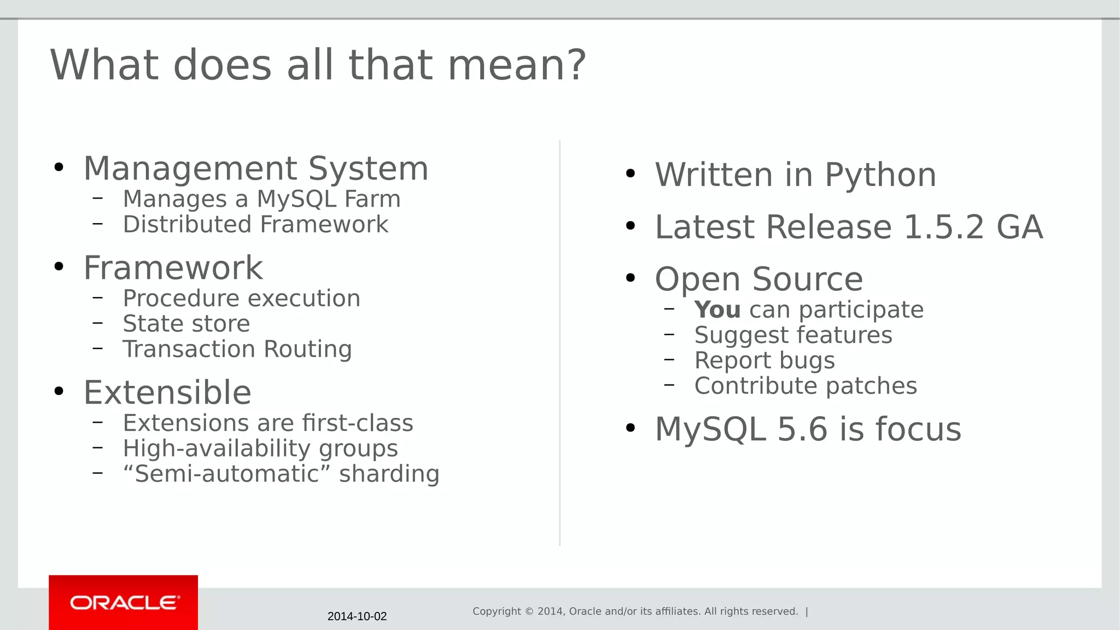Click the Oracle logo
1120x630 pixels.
[124, 603]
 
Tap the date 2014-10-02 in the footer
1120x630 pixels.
[357, 616]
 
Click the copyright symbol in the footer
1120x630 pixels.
[529, 611]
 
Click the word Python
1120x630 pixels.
[880, 176]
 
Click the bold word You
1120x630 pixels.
[717, 310]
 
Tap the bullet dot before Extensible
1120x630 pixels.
[59, 392]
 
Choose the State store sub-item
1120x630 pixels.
[186, 324]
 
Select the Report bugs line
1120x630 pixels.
[764, 361]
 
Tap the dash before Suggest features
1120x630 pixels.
[669, 334]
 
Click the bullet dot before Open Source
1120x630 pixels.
[631, 278]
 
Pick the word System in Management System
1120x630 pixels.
[368, 168]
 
